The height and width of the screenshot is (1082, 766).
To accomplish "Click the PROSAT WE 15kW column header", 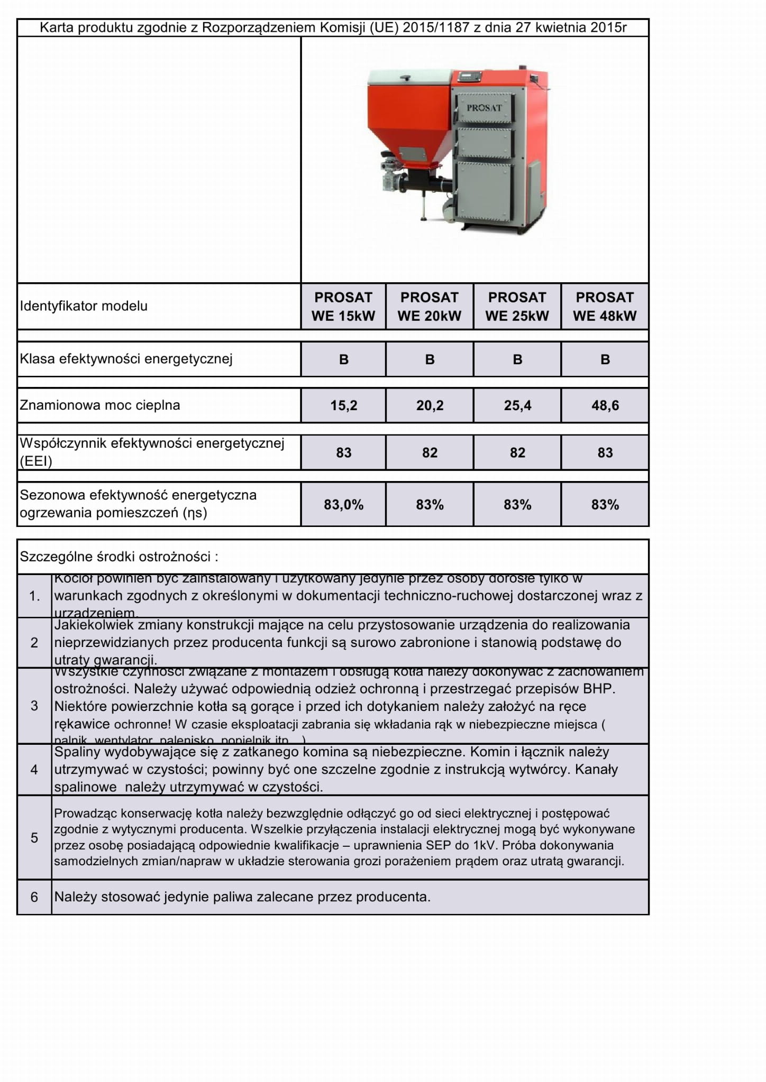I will point(343,307).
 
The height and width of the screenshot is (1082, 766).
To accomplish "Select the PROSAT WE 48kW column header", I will point(605,307).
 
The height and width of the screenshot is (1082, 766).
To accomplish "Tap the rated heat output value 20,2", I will point(430,405).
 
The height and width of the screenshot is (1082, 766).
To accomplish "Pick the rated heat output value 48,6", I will point(605,405).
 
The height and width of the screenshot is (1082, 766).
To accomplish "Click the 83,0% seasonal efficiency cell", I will point(343,505).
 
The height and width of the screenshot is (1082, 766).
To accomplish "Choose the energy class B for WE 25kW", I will point(517,359).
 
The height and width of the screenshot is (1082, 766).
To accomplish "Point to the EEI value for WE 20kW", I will point(430,452).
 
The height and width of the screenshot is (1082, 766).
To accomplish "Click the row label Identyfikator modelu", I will point(84,306).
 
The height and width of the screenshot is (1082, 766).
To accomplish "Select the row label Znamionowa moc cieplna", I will point(100,405).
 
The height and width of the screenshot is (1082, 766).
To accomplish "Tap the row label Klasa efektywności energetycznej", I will point(126,359).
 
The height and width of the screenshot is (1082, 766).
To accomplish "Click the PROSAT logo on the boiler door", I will point(484,108).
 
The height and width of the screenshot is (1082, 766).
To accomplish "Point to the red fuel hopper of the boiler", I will point(408,122).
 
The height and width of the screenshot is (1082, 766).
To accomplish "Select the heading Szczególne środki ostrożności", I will point(118,557).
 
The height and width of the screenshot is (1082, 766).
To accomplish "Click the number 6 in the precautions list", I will point(34,897).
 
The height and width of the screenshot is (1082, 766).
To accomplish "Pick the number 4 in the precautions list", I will point(34,770).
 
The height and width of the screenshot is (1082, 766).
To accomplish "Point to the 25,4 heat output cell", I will point(517,405).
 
